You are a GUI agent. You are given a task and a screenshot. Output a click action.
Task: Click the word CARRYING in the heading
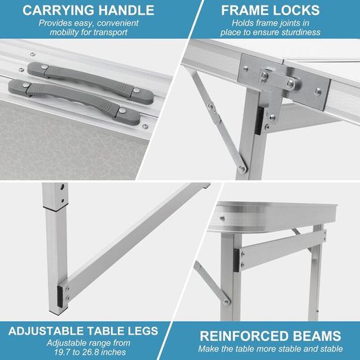pos(58,10)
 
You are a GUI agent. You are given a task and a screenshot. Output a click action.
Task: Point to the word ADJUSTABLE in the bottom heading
pos(47,331)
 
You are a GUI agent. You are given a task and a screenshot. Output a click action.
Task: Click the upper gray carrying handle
pos(91,83)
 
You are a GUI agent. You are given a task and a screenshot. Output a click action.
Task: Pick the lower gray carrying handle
pos(74,102)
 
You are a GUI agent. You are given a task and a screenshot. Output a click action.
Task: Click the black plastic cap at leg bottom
pos(60,297)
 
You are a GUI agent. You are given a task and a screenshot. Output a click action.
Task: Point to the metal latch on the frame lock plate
pos(279,78)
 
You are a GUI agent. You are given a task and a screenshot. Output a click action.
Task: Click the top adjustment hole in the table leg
pos(62,187)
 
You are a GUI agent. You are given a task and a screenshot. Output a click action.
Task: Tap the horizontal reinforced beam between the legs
pos(283,250)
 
